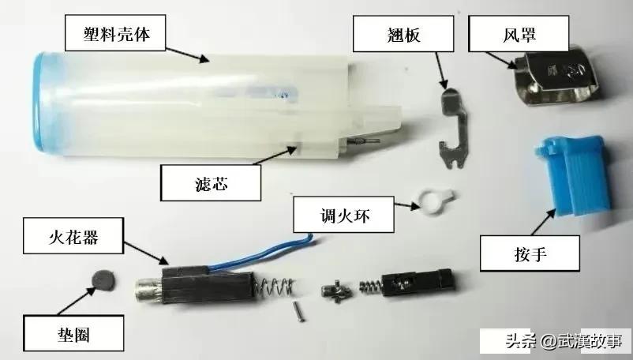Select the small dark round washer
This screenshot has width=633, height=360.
(x=100, y=278)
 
